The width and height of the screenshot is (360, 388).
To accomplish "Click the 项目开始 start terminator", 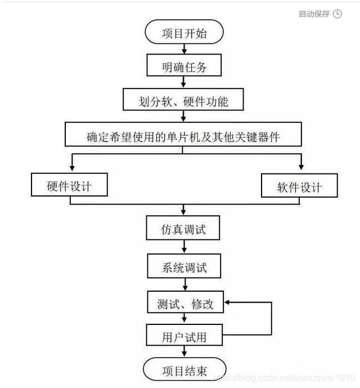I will coord(184,33).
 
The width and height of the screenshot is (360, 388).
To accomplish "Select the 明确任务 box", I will coord(184,67).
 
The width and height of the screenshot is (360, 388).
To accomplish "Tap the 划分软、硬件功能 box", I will coord(184,101).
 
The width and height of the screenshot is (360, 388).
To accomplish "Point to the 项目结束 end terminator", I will coord(184,371).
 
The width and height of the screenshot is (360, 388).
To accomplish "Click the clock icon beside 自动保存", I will coord(337,14).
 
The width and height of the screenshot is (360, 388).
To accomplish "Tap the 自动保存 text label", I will coord(314,14).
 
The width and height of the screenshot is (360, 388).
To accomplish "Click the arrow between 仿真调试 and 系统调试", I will coord(184,248).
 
